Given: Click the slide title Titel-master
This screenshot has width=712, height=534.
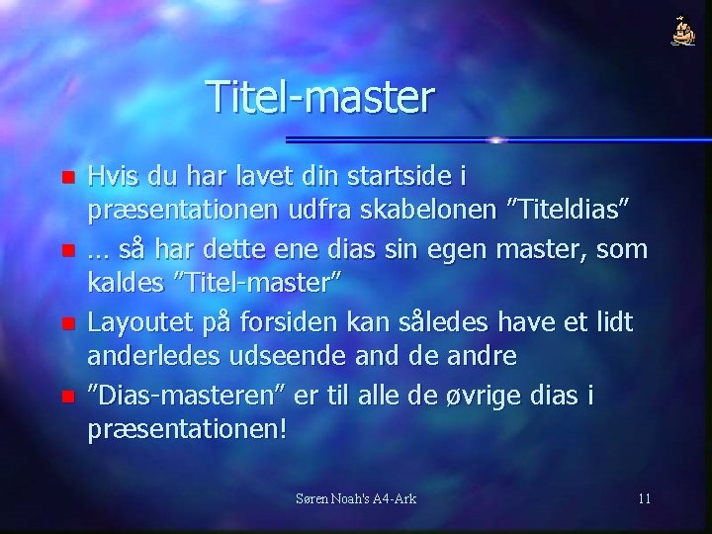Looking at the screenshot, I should pyautogui.click(x=320, y=98).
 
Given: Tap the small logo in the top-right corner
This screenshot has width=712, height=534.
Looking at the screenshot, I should pyautogui.click(x=682, y=33).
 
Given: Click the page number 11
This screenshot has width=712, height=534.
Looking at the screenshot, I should pyautogui.click(x=644, y=497).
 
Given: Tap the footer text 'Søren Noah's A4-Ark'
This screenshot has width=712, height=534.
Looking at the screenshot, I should pyautogui.click(x=356, y=497).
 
